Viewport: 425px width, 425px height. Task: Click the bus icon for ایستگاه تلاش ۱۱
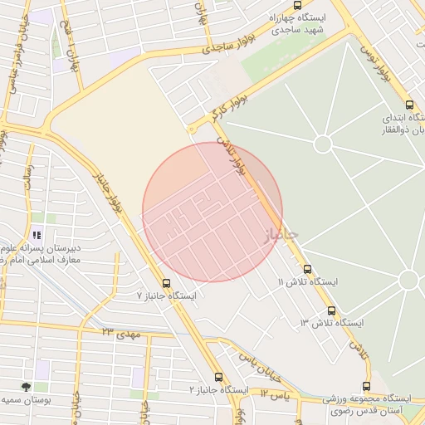point(308,269)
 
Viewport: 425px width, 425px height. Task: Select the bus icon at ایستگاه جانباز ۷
point(167,283)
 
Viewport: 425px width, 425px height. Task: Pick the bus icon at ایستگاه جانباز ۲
point(218,377)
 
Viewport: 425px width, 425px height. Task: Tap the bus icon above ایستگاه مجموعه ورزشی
point(366,385)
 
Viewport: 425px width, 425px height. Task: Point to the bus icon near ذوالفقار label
point(408,105)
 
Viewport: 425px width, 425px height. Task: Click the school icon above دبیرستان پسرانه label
point(36,235)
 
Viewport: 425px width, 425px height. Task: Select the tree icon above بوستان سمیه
point(27,387)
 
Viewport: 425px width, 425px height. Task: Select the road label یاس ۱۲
point(274,394)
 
